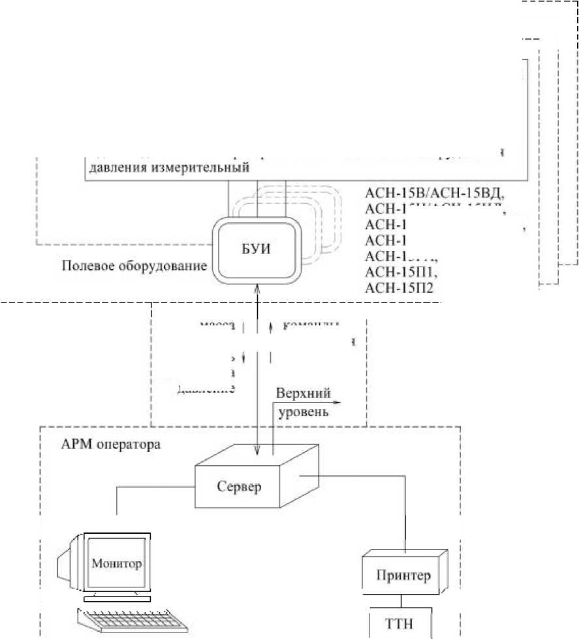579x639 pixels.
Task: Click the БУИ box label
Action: click(x=257, y=249)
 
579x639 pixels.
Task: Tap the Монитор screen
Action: click(x=117, y=563)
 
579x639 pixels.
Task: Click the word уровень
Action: click(x=304, y=412)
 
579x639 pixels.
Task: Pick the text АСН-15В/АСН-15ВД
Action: click(x=437, y=193)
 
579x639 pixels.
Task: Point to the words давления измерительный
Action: click(x=168, y=167)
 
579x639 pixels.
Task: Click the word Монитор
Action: click(x=117, y=563)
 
